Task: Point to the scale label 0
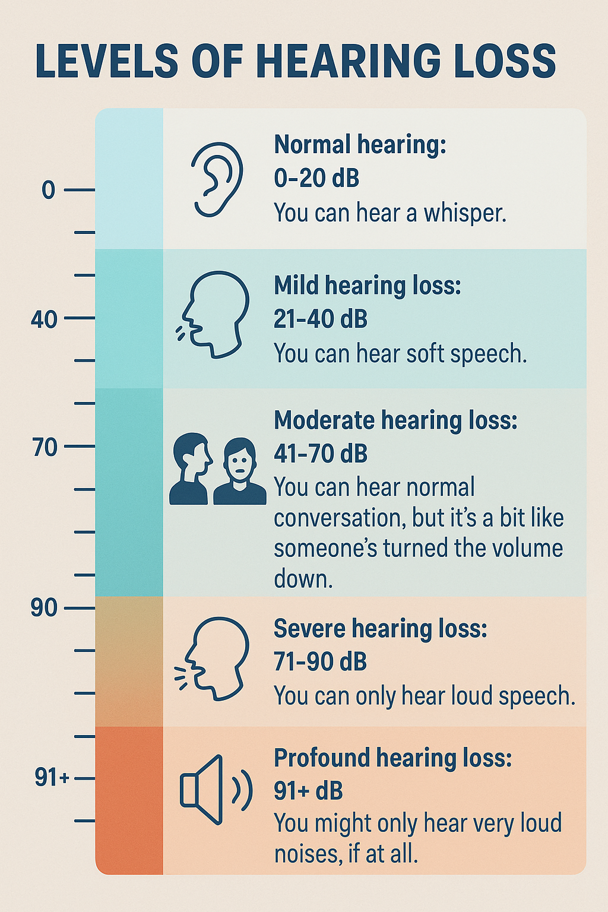[x=48, y=191]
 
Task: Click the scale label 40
[x=44, y=319]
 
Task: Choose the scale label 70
[x=45, y=447]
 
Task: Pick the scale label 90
[x=45, y=608]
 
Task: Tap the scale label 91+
[x=52, y=777]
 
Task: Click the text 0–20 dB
[x=316, y=178]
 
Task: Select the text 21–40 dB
[x=321, y=319]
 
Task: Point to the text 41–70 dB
[x=321, y=454]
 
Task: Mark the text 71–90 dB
[x=320, y=661]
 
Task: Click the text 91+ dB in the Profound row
[x=308, y=791]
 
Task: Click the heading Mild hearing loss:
[x=367, y=286]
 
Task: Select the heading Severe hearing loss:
[x=380, y=629]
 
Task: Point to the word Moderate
[x=324, y=420]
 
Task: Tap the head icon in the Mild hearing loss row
[x=214, y=314]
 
